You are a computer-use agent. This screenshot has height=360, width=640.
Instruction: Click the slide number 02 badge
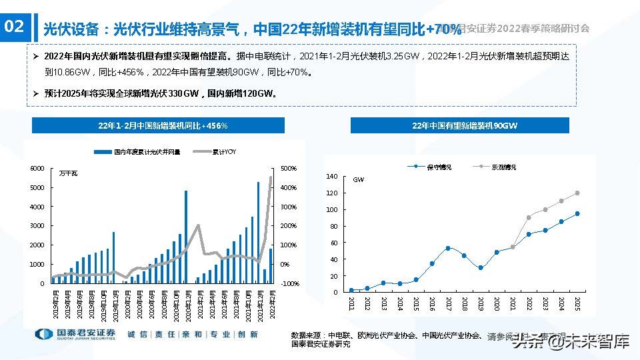click(14, 27)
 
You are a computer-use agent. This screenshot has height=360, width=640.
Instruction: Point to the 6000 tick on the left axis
click(37, 169)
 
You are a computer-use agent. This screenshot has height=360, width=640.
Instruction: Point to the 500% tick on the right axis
click(289, 169)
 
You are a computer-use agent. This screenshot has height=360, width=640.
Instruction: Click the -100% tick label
click(289, 283)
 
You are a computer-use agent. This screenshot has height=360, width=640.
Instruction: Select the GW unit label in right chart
click(358, 180)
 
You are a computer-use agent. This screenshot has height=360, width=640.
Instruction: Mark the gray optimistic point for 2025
click(577, 193)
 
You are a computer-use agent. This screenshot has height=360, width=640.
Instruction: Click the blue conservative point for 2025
click(577, 214)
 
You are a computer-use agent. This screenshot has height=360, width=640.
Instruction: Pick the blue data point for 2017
click(448, 248)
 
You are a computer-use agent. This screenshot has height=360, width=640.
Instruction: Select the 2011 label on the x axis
click(351, 303)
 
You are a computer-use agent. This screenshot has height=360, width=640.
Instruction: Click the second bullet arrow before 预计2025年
click(37, 94)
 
